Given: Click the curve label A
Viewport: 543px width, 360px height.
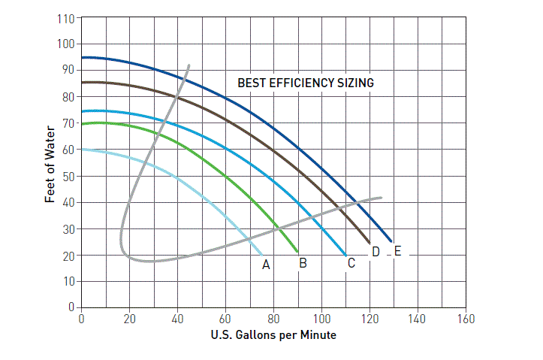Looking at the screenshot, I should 265,265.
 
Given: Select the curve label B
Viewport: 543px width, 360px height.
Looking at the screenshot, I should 303,263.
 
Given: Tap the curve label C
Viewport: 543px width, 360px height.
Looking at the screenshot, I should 351,263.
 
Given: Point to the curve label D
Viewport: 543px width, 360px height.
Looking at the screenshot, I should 376,252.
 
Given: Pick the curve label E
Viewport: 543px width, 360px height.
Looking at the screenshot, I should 397,251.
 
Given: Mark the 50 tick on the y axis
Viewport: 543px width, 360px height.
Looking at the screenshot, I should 67,177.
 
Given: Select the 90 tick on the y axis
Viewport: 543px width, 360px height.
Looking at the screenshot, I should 67,70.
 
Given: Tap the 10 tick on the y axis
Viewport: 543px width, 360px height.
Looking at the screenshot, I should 67,282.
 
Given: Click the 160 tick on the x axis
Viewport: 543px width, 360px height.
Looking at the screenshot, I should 466,319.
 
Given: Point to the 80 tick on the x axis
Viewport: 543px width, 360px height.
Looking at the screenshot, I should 273,319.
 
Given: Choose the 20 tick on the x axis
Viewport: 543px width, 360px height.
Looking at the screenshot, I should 129,319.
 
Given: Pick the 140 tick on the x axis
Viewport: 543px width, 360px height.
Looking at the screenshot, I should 418,319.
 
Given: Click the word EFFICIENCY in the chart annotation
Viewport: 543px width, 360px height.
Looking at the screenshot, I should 300,83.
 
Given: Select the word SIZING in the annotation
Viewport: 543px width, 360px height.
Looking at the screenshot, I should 355,83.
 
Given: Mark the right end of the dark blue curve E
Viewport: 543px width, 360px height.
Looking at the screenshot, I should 391,241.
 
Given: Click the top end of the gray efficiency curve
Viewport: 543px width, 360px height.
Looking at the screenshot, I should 189,65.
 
